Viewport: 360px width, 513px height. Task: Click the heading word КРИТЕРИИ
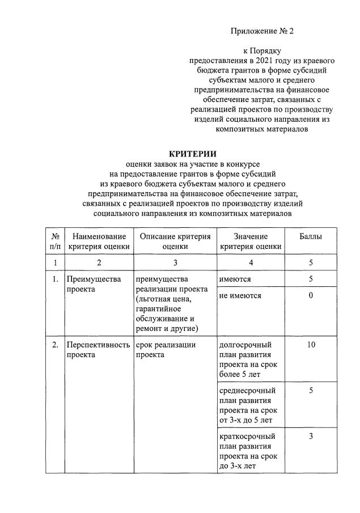click(x=193, y=154)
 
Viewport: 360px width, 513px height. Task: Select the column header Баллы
click(x=310, y=236)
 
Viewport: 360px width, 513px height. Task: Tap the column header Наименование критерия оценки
click(x=99, y=241)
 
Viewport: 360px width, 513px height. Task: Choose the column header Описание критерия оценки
click(x=175, y=241)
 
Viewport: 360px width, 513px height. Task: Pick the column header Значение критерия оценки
click(x=250, y=241)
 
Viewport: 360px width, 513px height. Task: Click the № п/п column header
click(x=55, y=241)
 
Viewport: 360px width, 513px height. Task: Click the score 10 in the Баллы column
click(x=311, y=345)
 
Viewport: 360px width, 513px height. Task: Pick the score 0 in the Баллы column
click(x=311, y=296)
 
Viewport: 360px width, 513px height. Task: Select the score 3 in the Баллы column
click(x=311, y=436)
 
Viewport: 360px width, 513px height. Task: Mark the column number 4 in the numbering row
click(x=250, y=262)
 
